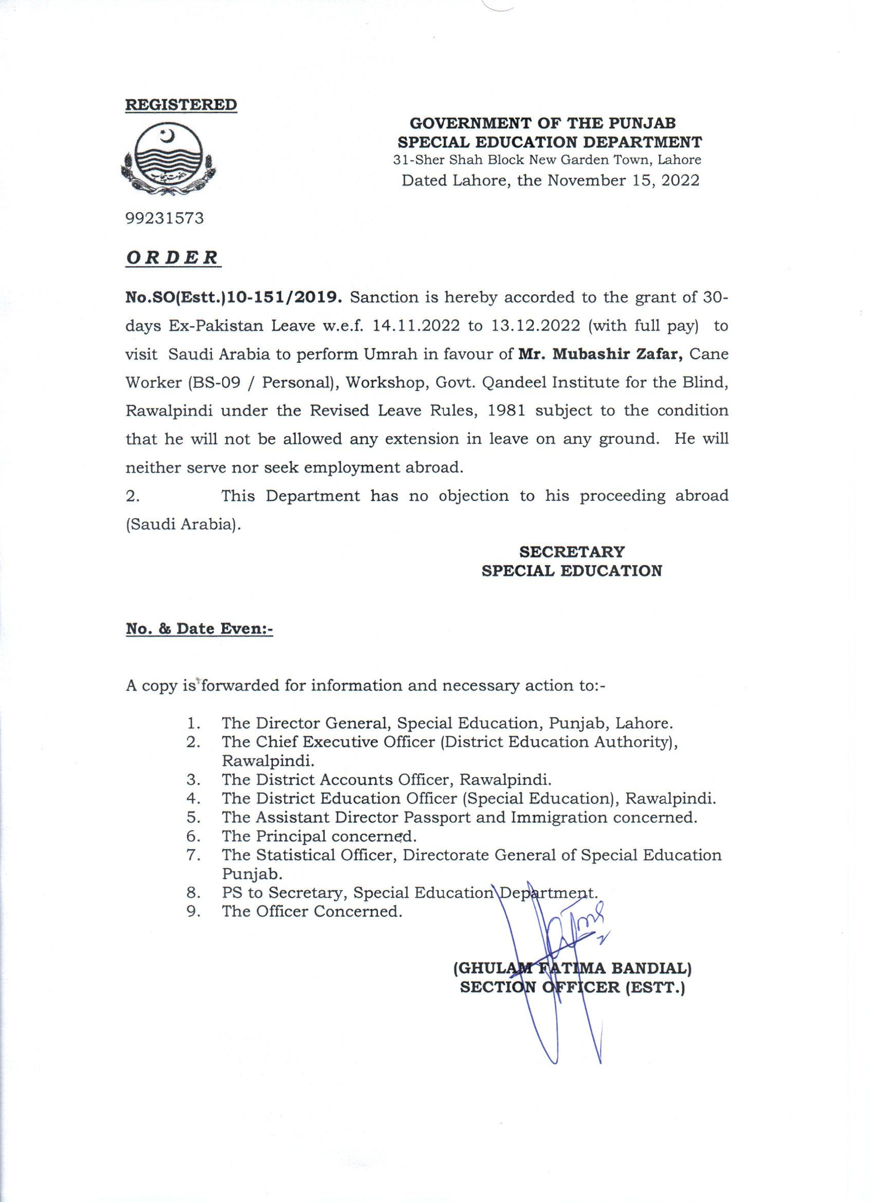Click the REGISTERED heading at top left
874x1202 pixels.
(x=181, y=104)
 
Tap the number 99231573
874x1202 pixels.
(x=165, y=218)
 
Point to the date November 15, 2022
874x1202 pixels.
(x=623, y=180)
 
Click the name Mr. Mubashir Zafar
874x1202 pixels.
(x=599, y=354)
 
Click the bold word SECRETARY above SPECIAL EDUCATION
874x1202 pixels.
(x=572, y=551)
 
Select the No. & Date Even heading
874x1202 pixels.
(x=199, y=629)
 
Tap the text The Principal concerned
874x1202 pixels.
(x=319, y=836)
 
